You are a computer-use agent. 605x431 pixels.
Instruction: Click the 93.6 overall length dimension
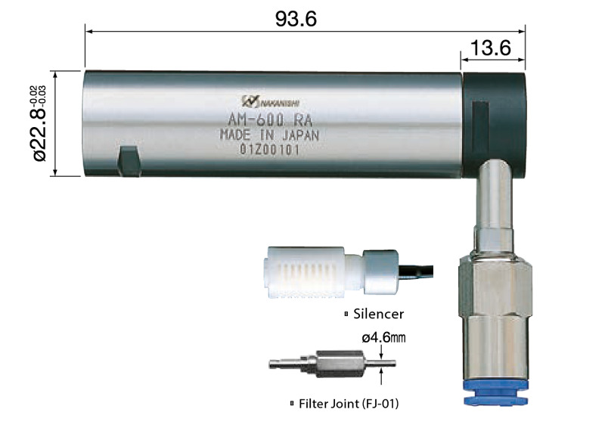pyautogui.click(x=296, y=19)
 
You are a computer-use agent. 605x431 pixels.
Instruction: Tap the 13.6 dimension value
pyautogui.click(x=491, y=48)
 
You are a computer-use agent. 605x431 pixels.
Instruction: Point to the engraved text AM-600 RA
pyautogui.click(x=270, y=120)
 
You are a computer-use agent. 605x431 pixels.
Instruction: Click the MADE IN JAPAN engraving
pyautogui.click(x=270, y=135)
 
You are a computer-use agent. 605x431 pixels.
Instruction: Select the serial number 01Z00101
pyautogui.click(x=270, y=149)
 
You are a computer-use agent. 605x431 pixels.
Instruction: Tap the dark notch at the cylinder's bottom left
pyautogui.click(x=129, y=161)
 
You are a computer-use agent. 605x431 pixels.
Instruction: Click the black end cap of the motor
pyautogui.click(x=494, y=125)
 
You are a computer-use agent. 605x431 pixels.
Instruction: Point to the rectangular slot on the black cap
pyautogui.click(x=480, y=127)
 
